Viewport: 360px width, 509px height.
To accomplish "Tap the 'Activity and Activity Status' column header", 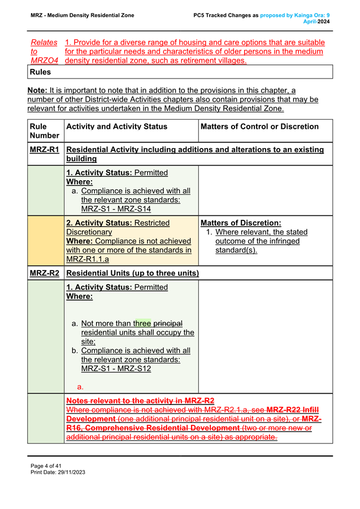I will tap(116, 127).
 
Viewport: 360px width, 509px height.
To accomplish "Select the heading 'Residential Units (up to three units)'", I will tap(132, 273).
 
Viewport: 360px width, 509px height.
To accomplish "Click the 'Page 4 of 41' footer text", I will tap(46, 466).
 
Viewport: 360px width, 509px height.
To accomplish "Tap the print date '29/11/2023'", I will tap(71, 472).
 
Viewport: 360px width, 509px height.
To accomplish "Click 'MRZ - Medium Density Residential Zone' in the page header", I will tap(82, 15).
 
